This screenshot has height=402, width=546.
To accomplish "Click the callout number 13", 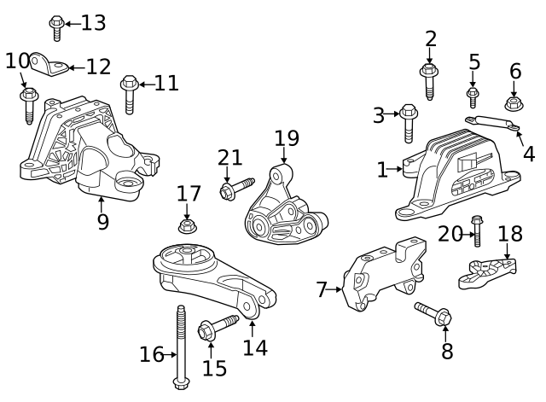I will (x=94, y=23).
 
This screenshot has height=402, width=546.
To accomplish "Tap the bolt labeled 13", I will (x=57, y=27).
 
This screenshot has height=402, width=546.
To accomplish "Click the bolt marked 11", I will (x=130, y=93).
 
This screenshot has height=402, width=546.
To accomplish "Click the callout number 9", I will (x=102, y=223).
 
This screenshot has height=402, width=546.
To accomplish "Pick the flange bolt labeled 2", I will (x=429, y=81).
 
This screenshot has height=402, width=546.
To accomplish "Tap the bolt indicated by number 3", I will (x=408, y=123).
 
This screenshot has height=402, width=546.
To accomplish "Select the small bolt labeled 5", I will (x=472, y=96).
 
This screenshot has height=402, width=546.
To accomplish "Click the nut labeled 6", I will (x=514, y=103).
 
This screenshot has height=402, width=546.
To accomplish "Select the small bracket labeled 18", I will (x=487, y=272).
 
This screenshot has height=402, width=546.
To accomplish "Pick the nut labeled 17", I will (x=187, y=227).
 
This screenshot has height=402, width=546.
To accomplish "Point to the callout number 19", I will (x=287, y=137).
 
